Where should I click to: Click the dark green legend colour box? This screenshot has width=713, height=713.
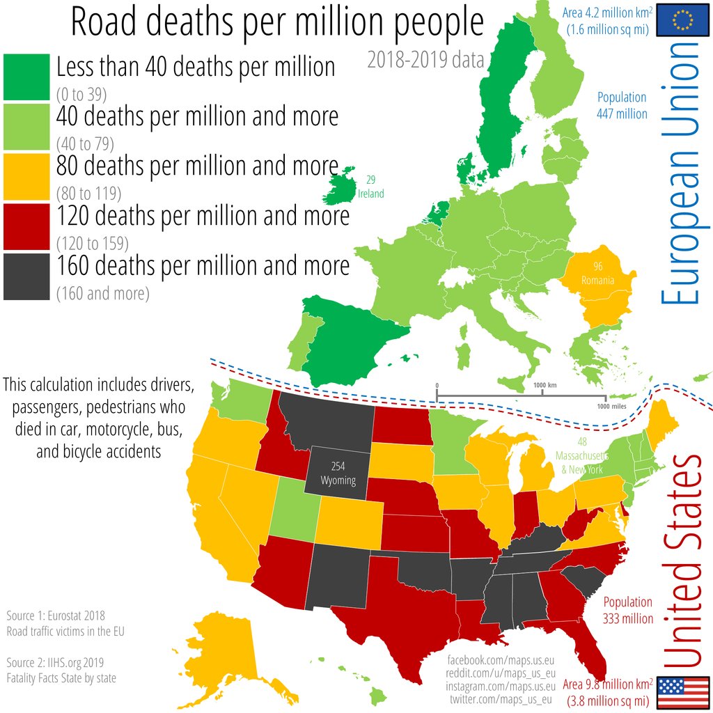tap(26, 77)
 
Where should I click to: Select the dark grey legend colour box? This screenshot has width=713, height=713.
tap(26, 276)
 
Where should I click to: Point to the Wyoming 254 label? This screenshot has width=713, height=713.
tap(338, 473)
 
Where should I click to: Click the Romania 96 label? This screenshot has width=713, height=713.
tap(598, 274)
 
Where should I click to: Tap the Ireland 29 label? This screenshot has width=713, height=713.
tap(370, 187)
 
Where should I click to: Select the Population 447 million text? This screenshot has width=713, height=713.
tap(622, 105)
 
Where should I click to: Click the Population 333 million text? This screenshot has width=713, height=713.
tap(627, 610)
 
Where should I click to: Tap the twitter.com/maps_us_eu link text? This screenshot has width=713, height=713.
tap(501, 699)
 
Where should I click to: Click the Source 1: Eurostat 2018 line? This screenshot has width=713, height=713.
tap(55, 616)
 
